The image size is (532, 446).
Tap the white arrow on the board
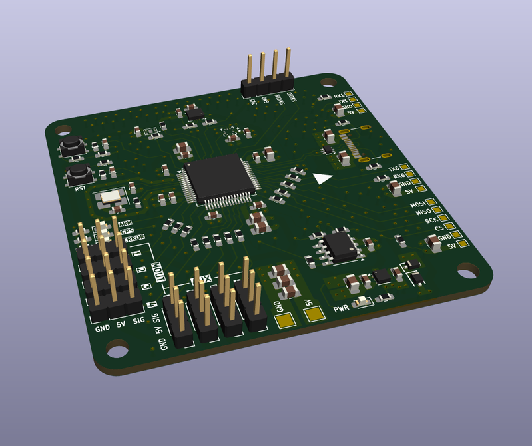[x=322, y=178]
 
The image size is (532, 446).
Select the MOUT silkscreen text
[x=159, y=273]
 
